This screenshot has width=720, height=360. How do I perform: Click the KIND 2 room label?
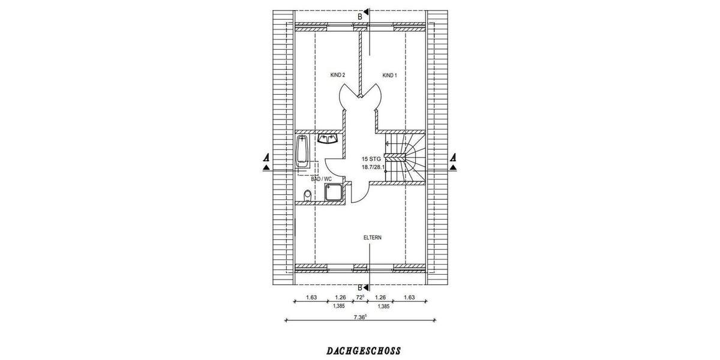point(337,75)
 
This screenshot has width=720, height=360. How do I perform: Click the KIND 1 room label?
point(389,75)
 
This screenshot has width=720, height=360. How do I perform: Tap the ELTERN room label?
point(372,238)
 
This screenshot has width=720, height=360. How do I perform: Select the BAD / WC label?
point(321,179)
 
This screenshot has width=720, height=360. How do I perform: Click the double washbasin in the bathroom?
point(328,139)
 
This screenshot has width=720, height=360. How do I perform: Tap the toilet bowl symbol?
point(308,195)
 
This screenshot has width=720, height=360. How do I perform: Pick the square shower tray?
point(333,193)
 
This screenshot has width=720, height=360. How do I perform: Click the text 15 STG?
point(371,159)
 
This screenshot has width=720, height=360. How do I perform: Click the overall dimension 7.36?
point(360,317)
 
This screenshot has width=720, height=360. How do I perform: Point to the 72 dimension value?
point(360,297)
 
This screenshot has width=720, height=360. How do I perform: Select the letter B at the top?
point(360,16)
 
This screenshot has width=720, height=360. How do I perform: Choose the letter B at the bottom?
point(360,287)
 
